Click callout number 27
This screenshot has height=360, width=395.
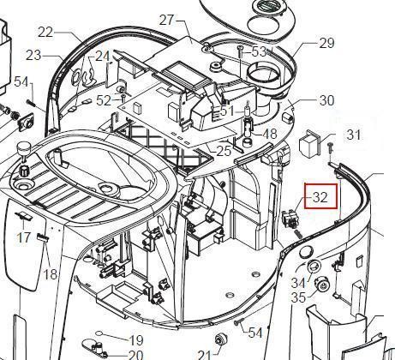tap(166, 21)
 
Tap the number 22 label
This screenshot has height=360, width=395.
tap(45, 33)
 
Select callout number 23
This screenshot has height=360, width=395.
tap(33, 55)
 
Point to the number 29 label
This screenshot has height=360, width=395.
tap(326, 43)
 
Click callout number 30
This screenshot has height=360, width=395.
tap(326, 100)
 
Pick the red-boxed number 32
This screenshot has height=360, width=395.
tap(320, 197)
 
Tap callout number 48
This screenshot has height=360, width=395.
tap(270, 134)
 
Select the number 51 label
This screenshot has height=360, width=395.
tap(227, 111)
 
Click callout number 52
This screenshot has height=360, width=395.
tap(104, 100)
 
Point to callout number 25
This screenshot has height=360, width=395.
tap(224, 151)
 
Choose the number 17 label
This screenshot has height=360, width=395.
tap(23, 237)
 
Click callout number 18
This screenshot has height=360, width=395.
tap(51, 274)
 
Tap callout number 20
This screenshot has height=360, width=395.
tap(135, 355)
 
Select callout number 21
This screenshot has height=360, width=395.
tap(205, 355)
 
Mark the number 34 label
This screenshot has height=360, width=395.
tap(298, 283)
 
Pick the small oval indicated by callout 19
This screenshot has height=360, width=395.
tap(99, 333)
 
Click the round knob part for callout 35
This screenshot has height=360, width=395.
tap(322, 284)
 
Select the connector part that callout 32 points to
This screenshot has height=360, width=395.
tap(288, 219)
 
